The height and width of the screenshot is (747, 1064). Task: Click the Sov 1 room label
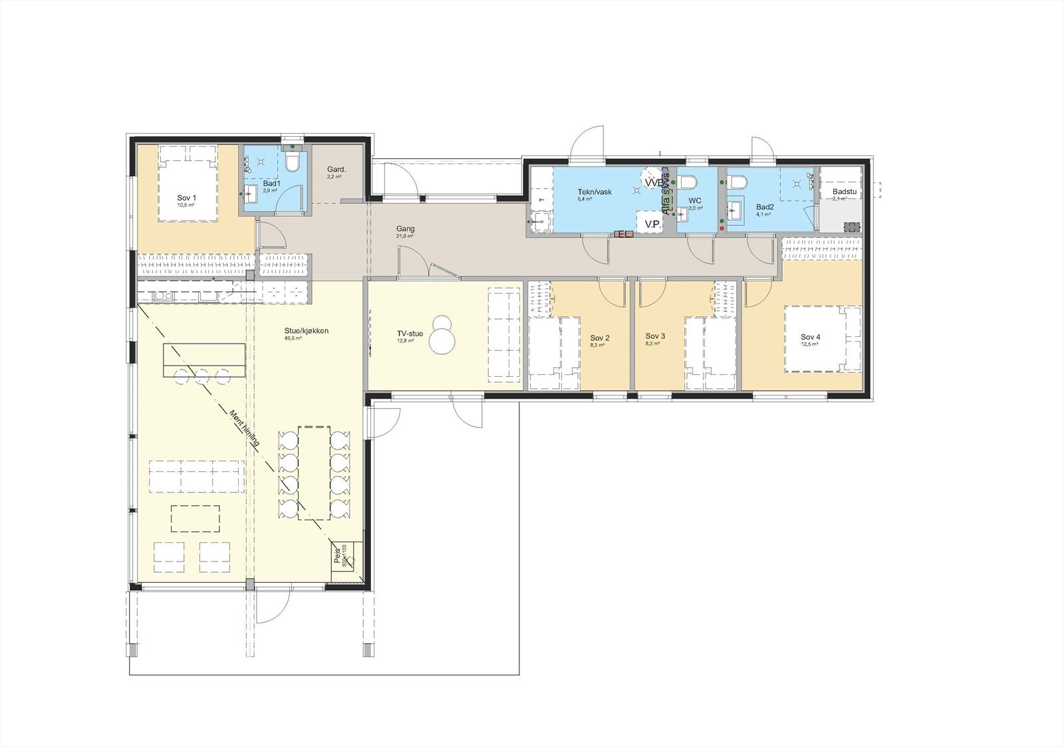[x=187, y=198]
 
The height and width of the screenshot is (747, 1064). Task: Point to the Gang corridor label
[x=405, y=229]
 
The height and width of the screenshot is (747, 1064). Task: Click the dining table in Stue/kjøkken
[x=313, y=473]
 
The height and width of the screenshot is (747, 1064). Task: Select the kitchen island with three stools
[x=203, y=359]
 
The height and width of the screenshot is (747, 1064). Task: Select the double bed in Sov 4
[x=823, y=338]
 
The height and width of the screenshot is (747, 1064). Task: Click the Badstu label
[x=843, y=192]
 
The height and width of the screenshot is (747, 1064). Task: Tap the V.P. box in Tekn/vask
[x=652, y=224]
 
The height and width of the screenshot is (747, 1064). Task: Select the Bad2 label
[x=765, y=207]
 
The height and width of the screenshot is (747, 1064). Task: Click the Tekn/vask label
[x=595, y=191]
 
